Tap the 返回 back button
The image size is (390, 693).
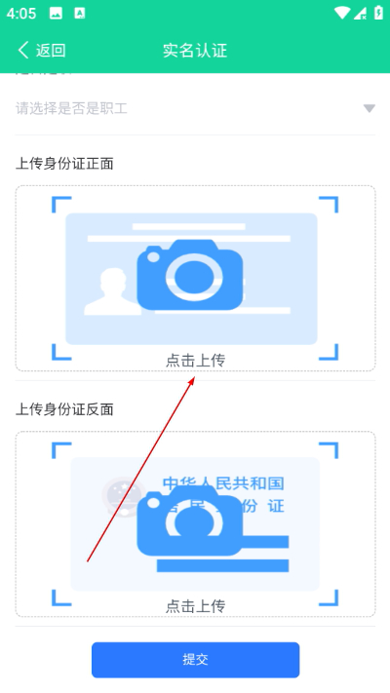[41, 51]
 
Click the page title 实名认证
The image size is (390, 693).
[195, 51]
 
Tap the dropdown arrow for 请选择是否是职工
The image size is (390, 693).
[370, 108]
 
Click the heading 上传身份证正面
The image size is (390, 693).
[64, 163]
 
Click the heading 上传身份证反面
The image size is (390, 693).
[64, 409]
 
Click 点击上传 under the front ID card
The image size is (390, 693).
[195, 361]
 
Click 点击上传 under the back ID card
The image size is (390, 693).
[195, 606]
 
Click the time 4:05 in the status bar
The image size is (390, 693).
[20, 14]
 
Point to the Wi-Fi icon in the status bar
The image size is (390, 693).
[340, 14]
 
